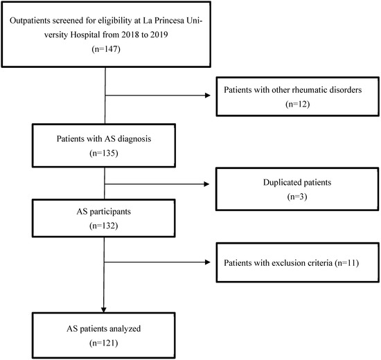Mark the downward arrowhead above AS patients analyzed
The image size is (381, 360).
coord(103,309)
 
